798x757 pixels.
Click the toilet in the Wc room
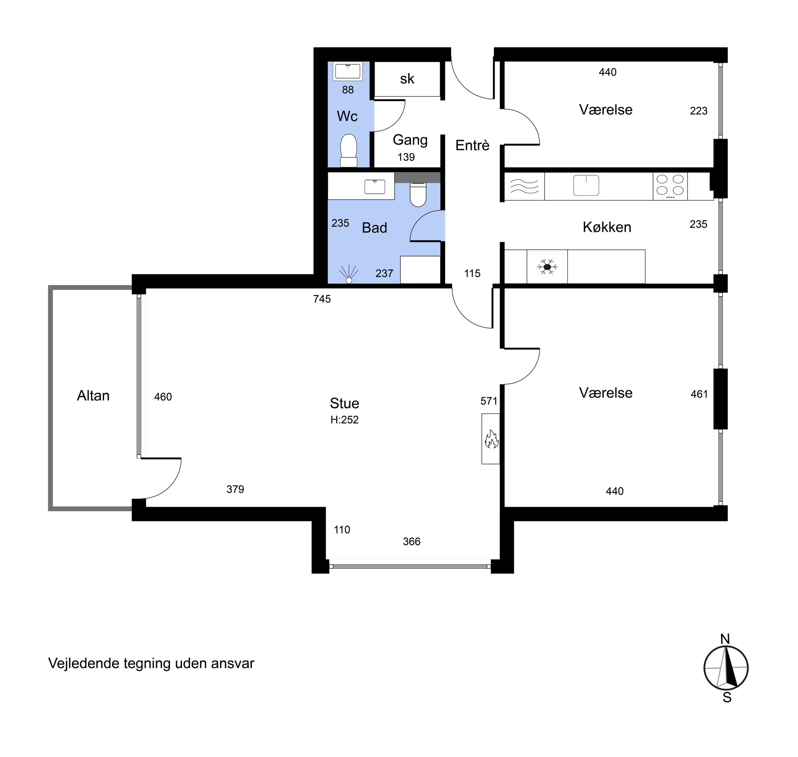point(349,150)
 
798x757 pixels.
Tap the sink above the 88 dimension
point(348,72)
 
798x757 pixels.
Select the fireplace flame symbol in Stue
point(491,439)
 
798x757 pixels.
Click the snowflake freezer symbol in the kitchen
point(547,267)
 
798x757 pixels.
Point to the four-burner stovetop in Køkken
point(670,186)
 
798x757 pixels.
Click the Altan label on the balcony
point(93,396)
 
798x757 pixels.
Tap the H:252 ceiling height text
point(344,420)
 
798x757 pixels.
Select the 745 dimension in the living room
point(322,299)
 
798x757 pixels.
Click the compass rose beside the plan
point(726,668)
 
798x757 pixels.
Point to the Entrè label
point(472,145)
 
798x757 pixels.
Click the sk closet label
point(407,79)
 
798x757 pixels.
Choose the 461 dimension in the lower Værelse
point(699,394)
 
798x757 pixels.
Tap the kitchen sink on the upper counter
point(586,185)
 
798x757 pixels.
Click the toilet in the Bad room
point(418,195)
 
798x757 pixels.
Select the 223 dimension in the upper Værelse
point(699,111)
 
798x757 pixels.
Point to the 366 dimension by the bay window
point(412,542)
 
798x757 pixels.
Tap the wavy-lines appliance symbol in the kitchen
point(524,187)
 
